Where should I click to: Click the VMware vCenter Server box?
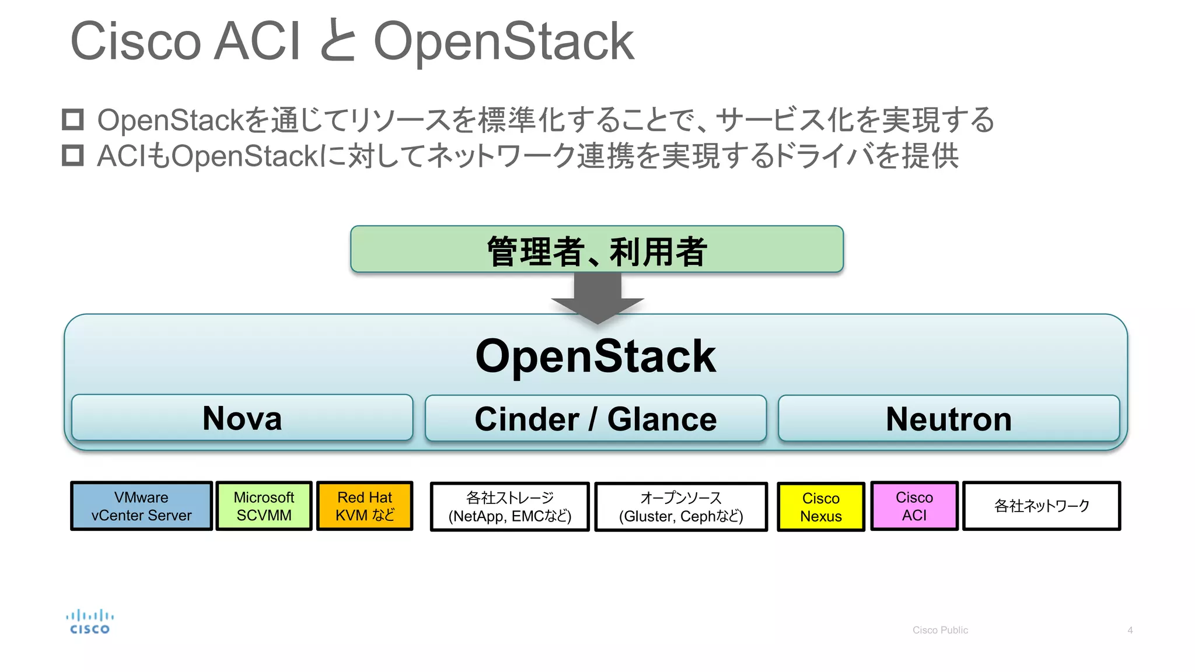(x=141, y=506)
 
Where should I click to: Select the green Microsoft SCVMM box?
(x=264, y=506)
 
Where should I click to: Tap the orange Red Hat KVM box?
(x=365, y=506)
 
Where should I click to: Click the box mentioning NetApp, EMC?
(x=509, y=506)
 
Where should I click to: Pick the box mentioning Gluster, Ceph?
(x=680, y=506)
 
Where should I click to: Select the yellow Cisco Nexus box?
(x=820, y=506)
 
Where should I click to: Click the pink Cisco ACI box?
(x=914, y=506)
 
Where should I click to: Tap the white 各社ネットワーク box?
(x=1042, y=506)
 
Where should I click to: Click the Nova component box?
(x=242, y=418)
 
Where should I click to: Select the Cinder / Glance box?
(x=595, y=418)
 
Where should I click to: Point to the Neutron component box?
(x=948, y=418)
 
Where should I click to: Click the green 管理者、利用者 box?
(x=596, y=250)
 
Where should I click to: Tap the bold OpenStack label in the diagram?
(x=595, y=356)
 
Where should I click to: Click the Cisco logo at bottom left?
(x=89, y=622)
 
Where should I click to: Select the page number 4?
(x=1130, y=630)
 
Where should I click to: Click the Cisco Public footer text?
(x=939, y=630)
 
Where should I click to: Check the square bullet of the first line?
(x=73, y=120)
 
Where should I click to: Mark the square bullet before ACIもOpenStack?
(x=73, y=156)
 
